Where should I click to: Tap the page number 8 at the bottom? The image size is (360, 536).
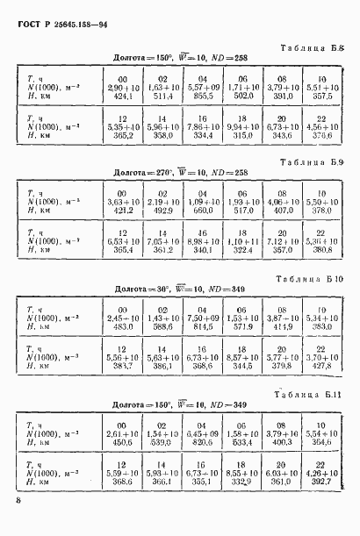click(18, 501)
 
